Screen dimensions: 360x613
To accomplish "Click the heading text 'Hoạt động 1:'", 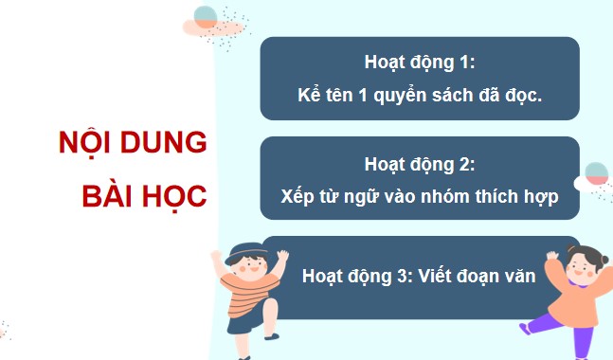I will click(419, 63).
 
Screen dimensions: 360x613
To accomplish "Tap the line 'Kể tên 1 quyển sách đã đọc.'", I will click(419, 96).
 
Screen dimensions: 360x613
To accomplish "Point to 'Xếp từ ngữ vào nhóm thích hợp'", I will click(419, 198).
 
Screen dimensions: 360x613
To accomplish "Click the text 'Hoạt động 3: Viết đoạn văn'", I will click(419, 278).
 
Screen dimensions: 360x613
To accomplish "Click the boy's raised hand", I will click(215, 257).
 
